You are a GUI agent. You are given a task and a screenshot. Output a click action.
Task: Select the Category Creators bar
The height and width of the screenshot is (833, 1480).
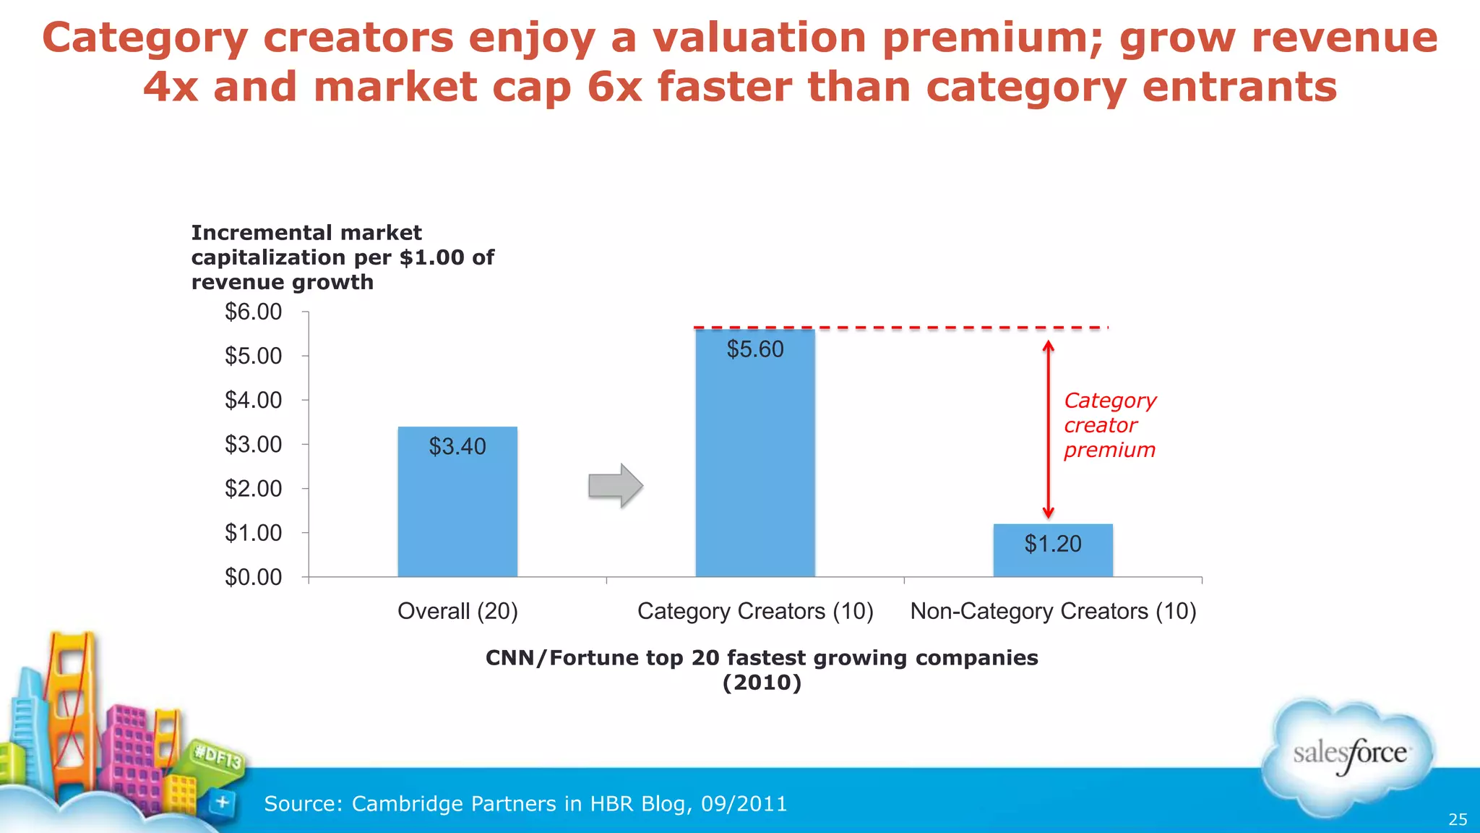tap(755, 463)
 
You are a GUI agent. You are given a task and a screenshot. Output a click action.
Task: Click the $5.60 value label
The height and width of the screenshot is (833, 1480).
tap(755, 349)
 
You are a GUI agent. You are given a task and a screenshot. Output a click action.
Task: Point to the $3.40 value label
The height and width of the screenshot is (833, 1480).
tap(457, 446)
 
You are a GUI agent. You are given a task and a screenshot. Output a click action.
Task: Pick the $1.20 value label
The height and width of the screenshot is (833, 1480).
tap(1053, 544)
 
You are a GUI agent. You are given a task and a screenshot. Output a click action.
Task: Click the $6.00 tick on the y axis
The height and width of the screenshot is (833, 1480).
tap(254, 312)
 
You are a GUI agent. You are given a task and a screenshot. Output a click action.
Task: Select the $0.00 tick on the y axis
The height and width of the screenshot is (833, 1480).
tap(254, 577)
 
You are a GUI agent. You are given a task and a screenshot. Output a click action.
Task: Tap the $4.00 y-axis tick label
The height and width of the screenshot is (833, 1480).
tap(254, 400)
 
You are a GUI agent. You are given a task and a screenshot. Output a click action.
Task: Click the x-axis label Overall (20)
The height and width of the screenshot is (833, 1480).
tap(457, 611)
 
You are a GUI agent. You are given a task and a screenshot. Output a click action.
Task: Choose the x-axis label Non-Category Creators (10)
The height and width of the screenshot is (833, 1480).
tap(1053, 611)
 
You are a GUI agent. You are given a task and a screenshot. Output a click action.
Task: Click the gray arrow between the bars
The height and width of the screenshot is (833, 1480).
tap(615, 486)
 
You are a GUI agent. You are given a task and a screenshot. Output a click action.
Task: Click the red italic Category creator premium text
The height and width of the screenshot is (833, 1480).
tap(1109, 425)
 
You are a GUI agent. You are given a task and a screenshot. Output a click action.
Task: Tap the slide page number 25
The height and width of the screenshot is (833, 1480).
tap(1458, 819)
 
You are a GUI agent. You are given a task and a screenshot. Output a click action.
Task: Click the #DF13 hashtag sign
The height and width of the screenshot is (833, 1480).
tap(218, 756)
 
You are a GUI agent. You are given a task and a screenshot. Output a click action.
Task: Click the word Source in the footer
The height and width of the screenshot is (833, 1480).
tap(303, 803)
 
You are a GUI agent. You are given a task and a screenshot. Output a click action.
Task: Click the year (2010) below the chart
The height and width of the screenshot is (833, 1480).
tap(762, 683)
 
